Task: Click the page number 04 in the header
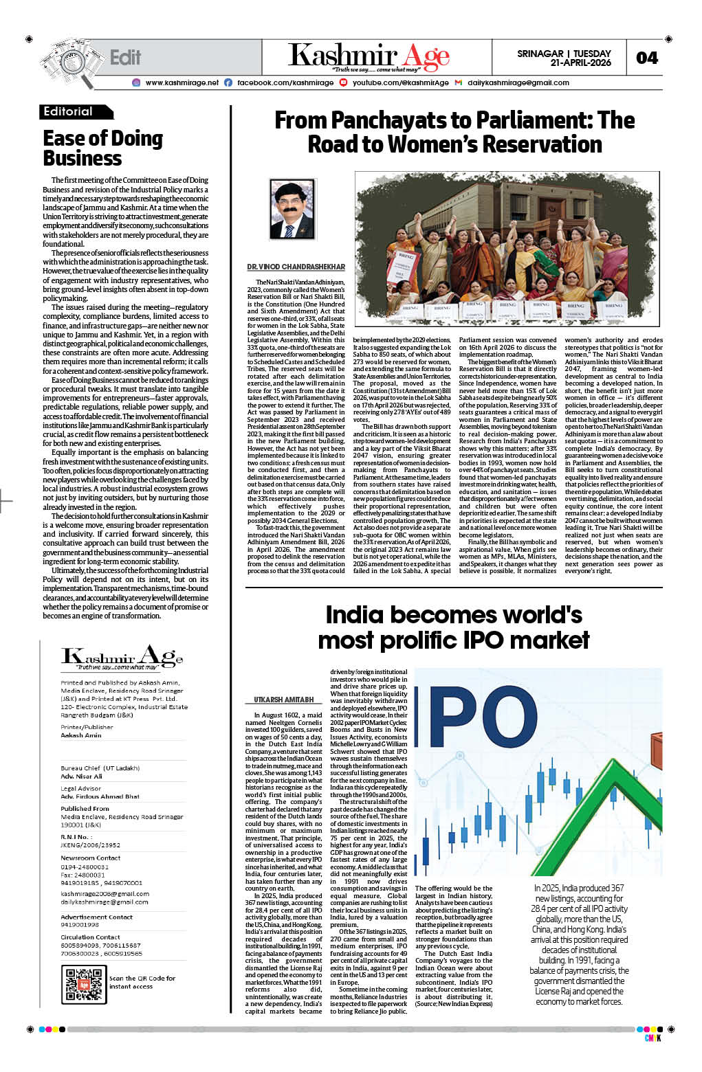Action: [x=646, y=58]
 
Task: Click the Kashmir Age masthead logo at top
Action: [x=369, y=56]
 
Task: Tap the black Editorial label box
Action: [x=76, y=111]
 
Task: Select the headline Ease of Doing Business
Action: [x=102, y=148]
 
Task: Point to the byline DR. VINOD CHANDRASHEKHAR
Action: [x=296, y=267]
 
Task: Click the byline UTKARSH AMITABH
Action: [x=279, y=700]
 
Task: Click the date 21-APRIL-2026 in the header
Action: [x=580, y=63]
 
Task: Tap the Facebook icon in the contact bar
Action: [x=228, y=82]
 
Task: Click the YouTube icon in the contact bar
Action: [x=343, y=82]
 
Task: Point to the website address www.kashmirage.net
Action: [x=182, y=82]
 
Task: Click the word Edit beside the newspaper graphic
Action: [x=125, y=57]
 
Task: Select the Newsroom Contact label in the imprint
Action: [x=90, y=858]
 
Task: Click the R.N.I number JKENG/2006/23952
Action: [x=90, y=845]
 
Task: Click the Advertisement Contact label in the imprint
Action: [x=96, y=917]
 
